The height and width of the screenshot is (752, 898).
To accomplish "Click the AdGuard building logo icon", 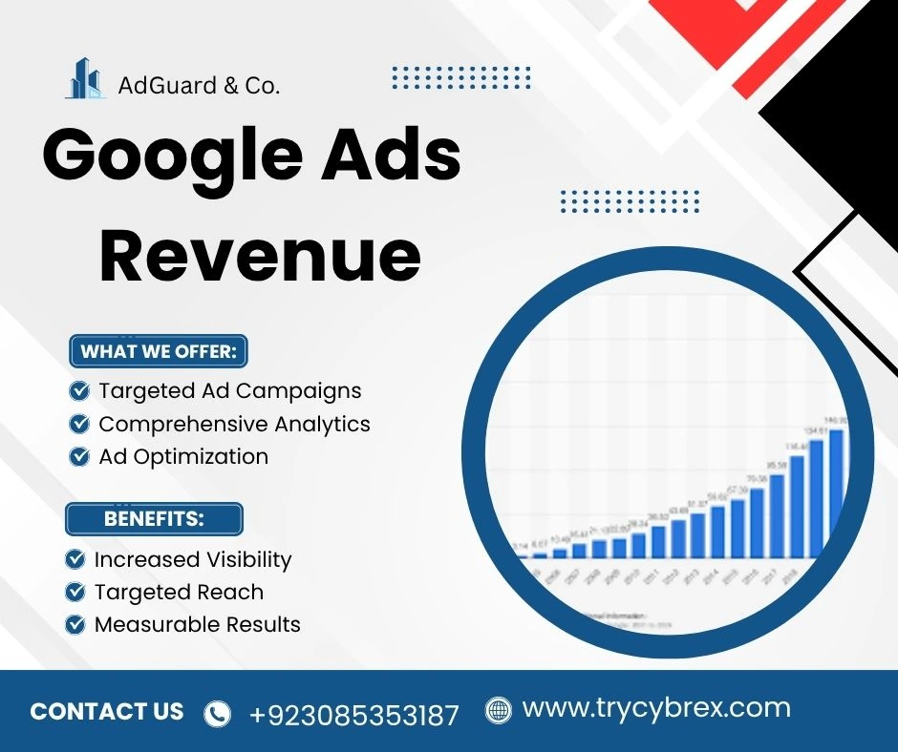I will pyautogui.click(x=85, y=79).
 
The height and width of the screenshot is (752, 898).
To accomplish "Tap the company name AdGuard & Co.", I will pyautogui.click(x=199, y=85).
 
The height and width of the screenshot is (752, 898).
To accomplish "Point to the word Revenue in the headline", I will pyautogui.click(x=260, y=255).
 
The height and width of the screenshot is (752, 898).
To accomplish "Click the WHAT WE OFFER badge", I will pyautogui.click(x=159, y=351).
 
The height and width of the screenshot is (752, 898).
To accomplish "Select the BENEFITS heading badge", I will pyautogui.click(x=154, y=519).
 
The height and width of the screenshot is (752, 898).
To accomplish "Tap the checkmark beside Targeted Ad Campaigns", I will pyautogui.click(x=80, y=390).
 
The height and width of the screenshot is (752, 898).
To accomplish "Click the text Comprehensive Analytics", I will pyautogui.click(x=234, y=424).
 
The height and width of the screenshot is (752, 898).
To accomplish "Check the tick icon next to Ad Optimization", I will pyautogui.click(x=80, y=457).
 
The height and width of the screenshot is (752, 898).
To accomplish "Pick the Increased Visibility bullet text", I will pyautogui.click(x=192, y=559).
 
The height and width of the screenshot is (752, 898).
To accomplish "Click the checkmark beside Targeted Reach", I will pyautogui.click(x=75, y=593).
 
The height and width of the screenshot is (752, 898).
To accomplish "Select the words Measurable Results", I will pyautogui.click(x=197, y=625).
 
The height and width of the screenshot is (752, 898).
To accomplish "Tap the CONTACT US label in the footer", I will pyautogui.click(x=107, y=711).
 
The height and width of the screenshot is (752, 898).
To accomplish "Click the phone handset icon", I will pyautogui.click(x=219, y=713).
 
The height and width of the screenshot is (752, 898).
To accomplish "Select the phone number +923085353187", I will pyautogui.click(x=354, y=714).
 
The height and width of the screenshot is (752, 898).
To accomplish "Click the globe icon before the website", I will pyautogui.click(x=498, y=710).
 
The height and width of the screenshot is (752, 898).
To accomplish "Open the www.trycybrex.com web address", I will pyautogui.click(x=656, y=709).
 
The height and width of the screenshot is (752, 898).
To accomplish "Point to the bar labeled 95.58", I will pyautogui.click(x=777, y=515).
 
